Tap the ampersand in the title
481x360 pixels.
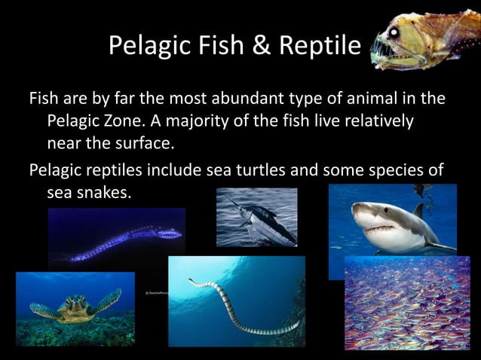coord(257,46)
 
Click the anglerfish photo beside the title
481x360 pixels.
coord(424,41)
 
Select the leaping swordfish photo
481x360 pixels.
coord(257,218)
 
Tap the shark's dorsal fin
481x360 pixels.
coord(418,209)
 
